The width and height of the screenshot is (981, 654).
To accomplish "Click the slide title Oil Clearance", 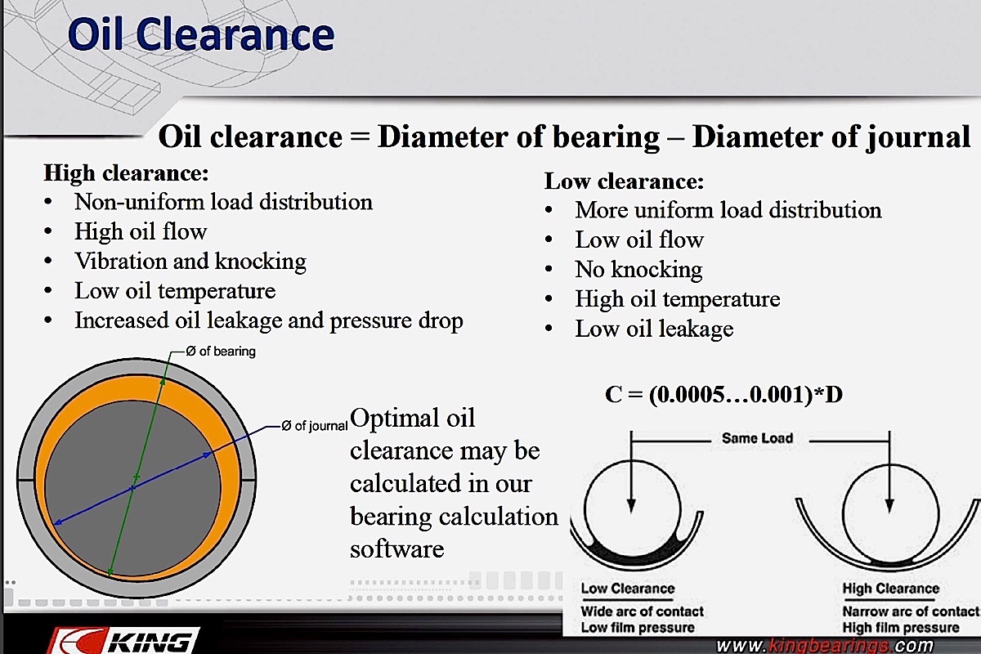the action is [x=201, y=35].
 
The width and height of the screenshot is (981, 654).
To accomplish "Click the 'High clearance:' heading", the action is [x=126, y=173].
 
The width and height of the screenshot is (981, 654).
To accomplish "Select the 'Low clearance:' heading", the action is [x=624, y=181].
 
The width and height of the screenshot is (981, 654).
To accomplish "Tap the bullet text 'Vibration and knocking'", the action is [x=190, y=262].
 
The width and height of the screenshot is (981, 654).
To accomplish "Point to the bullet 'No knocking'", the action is [x=639, y=270].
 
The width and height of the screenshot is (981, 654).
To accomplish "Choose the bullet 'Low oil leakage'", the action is [x=654, y=329].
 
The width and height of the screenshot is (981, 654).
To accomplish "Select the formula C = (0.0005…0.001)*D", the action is [x=723, y=394].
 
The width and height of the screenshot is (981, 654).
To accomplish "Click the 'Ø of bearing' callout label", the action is [x=221, y=352].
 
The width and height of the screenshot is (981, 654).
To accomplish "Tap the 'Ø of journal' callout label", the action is [x=315, y=426].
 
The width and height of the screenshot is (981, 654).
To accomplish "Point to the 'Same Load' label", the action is [x=758, y=438].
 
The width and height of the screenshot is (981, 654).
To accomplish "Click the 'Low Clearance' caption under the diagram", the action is [x=628, y=589].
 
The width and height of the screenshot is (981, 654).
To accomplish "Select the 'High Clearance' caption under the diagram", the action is [x=891, y=589].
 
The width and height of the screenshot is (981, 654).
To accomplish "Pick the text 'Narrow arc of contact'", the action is [x=911, y=611].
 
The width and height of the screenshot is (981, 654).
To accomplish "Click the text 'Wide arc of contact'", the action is [x=642, y=611].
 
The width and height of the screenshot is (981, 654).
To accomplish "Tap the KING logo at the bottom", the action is [x=125, y=641].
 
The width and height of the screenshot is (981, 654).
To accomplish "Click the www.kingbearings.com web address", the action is [x=825, y=645].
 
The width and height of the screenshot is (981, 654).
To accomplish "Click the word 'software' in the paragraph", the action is [x=396, y=549].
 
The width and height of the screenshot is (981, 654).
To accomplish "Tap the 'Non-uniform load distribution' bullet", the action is [x=223, y=202].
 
